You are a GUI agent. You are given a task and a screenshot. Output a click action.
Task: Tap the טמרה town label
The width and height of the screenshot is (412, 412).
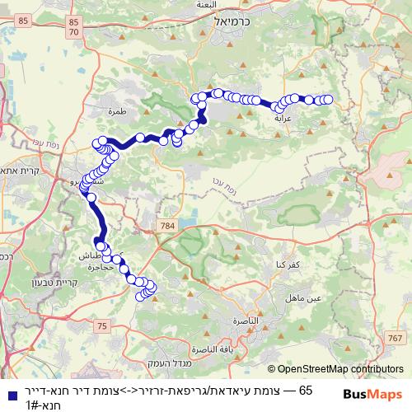(x=115, y=108)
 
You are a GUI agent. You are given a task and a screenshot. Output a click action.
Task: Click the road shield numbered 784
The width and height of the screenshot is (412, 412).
(x=169, y=224)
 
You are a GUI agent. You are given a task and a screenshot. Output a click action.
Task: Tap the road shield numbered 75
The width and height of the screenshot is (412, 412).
(x=102, y=327)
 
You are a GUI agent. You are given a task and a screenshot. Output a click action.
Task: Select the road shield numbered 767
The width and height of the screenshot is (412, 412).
(x=395, y=339)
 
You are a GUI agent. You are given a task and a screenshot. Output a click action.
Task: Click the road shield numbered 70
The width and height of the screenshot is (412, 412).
(x=74, y=32)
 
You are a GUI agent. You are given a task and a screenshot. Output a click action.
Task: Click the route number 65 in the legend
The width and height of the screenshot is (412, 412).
(x=306, y=389)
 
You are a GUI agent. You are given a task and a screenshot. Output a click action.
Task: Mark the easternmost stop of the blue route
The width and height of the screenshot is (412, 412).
(x=327, y=100)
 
